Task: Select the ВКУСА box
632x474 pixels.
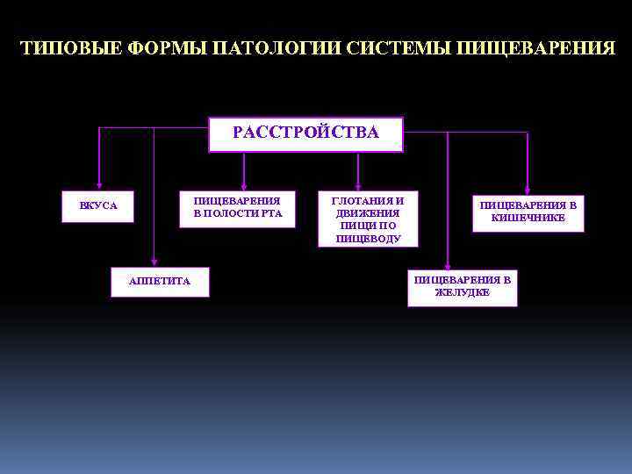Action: tap(97, 206)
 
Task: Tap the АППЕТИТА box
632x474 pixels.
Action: tap(160, 281)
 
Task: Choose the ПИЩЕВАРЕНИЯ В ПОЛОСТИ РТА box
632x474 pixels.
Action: tap(237, 208)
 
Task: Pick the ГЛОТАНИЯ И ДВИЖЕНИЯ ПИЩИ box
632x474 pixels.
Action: tap(368, 219)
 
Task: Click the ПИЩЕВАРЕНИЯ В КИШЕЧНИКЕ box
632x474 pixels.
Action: tap(528, 212)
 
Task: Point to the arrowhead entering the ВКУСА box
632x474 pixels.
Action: tap(98, 185)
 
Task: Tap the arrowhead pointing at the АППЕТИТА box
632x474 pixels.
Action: tap(154, 260)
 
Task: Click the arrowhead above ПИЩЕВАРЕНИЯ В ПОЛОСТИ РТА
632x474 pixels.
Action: tap(244, 183)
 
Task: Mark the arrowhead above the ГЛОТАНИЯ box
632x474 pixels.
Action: tap(357, 183)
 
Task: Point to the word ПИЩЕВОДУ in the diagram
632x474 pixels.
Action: tap(368, 238)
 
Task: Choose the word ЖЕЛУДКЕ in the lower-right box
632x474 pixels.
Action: tap(462, 293)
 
